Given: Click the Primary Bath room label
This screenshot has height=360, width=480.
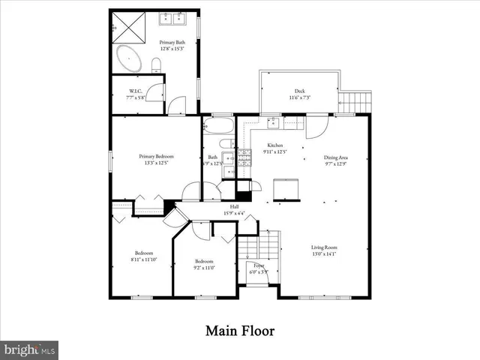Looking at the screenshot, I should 173,43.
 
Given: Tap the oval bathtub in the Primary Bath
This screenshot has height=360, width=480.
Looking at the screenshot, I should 133,60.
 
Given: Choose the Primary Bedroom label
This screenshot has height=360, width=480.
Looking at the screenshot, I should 155,156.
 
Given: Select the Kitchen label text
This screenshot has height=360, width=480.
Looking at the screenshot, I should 275,145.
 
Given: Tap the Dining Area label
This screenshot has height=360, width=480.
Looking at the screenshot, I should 335,157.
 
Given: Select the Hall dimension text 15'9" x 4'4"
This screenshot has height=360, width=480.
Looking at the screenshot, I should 235,214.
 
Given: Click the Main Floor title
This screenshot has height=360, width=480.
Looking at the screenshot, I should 239,330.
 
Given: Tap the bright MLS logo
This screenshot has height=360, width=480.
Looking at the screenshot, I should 30,349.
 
